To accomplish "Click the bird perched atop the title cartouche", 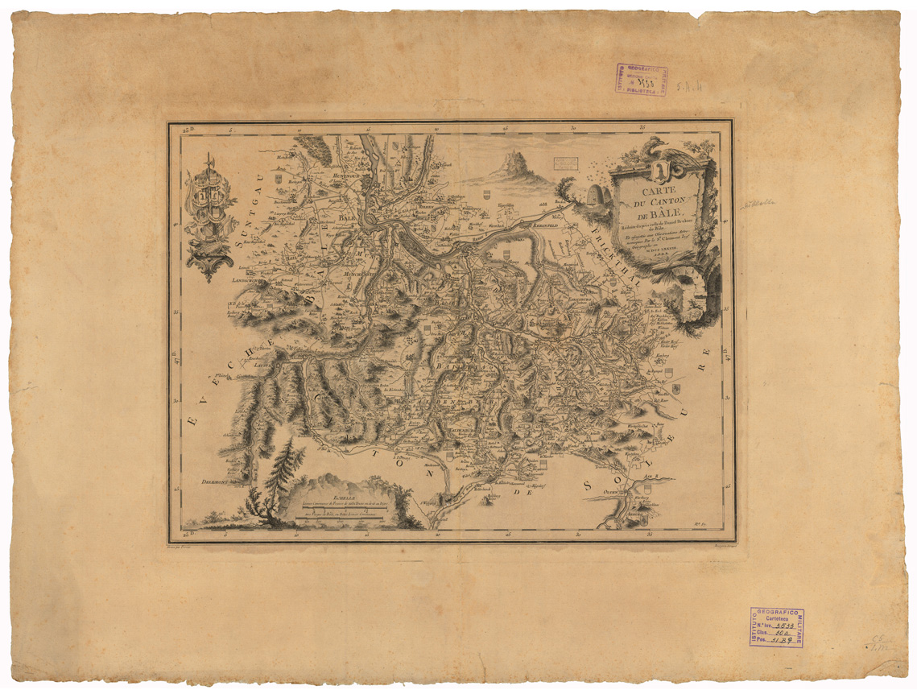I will click(x=655, y=148).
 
